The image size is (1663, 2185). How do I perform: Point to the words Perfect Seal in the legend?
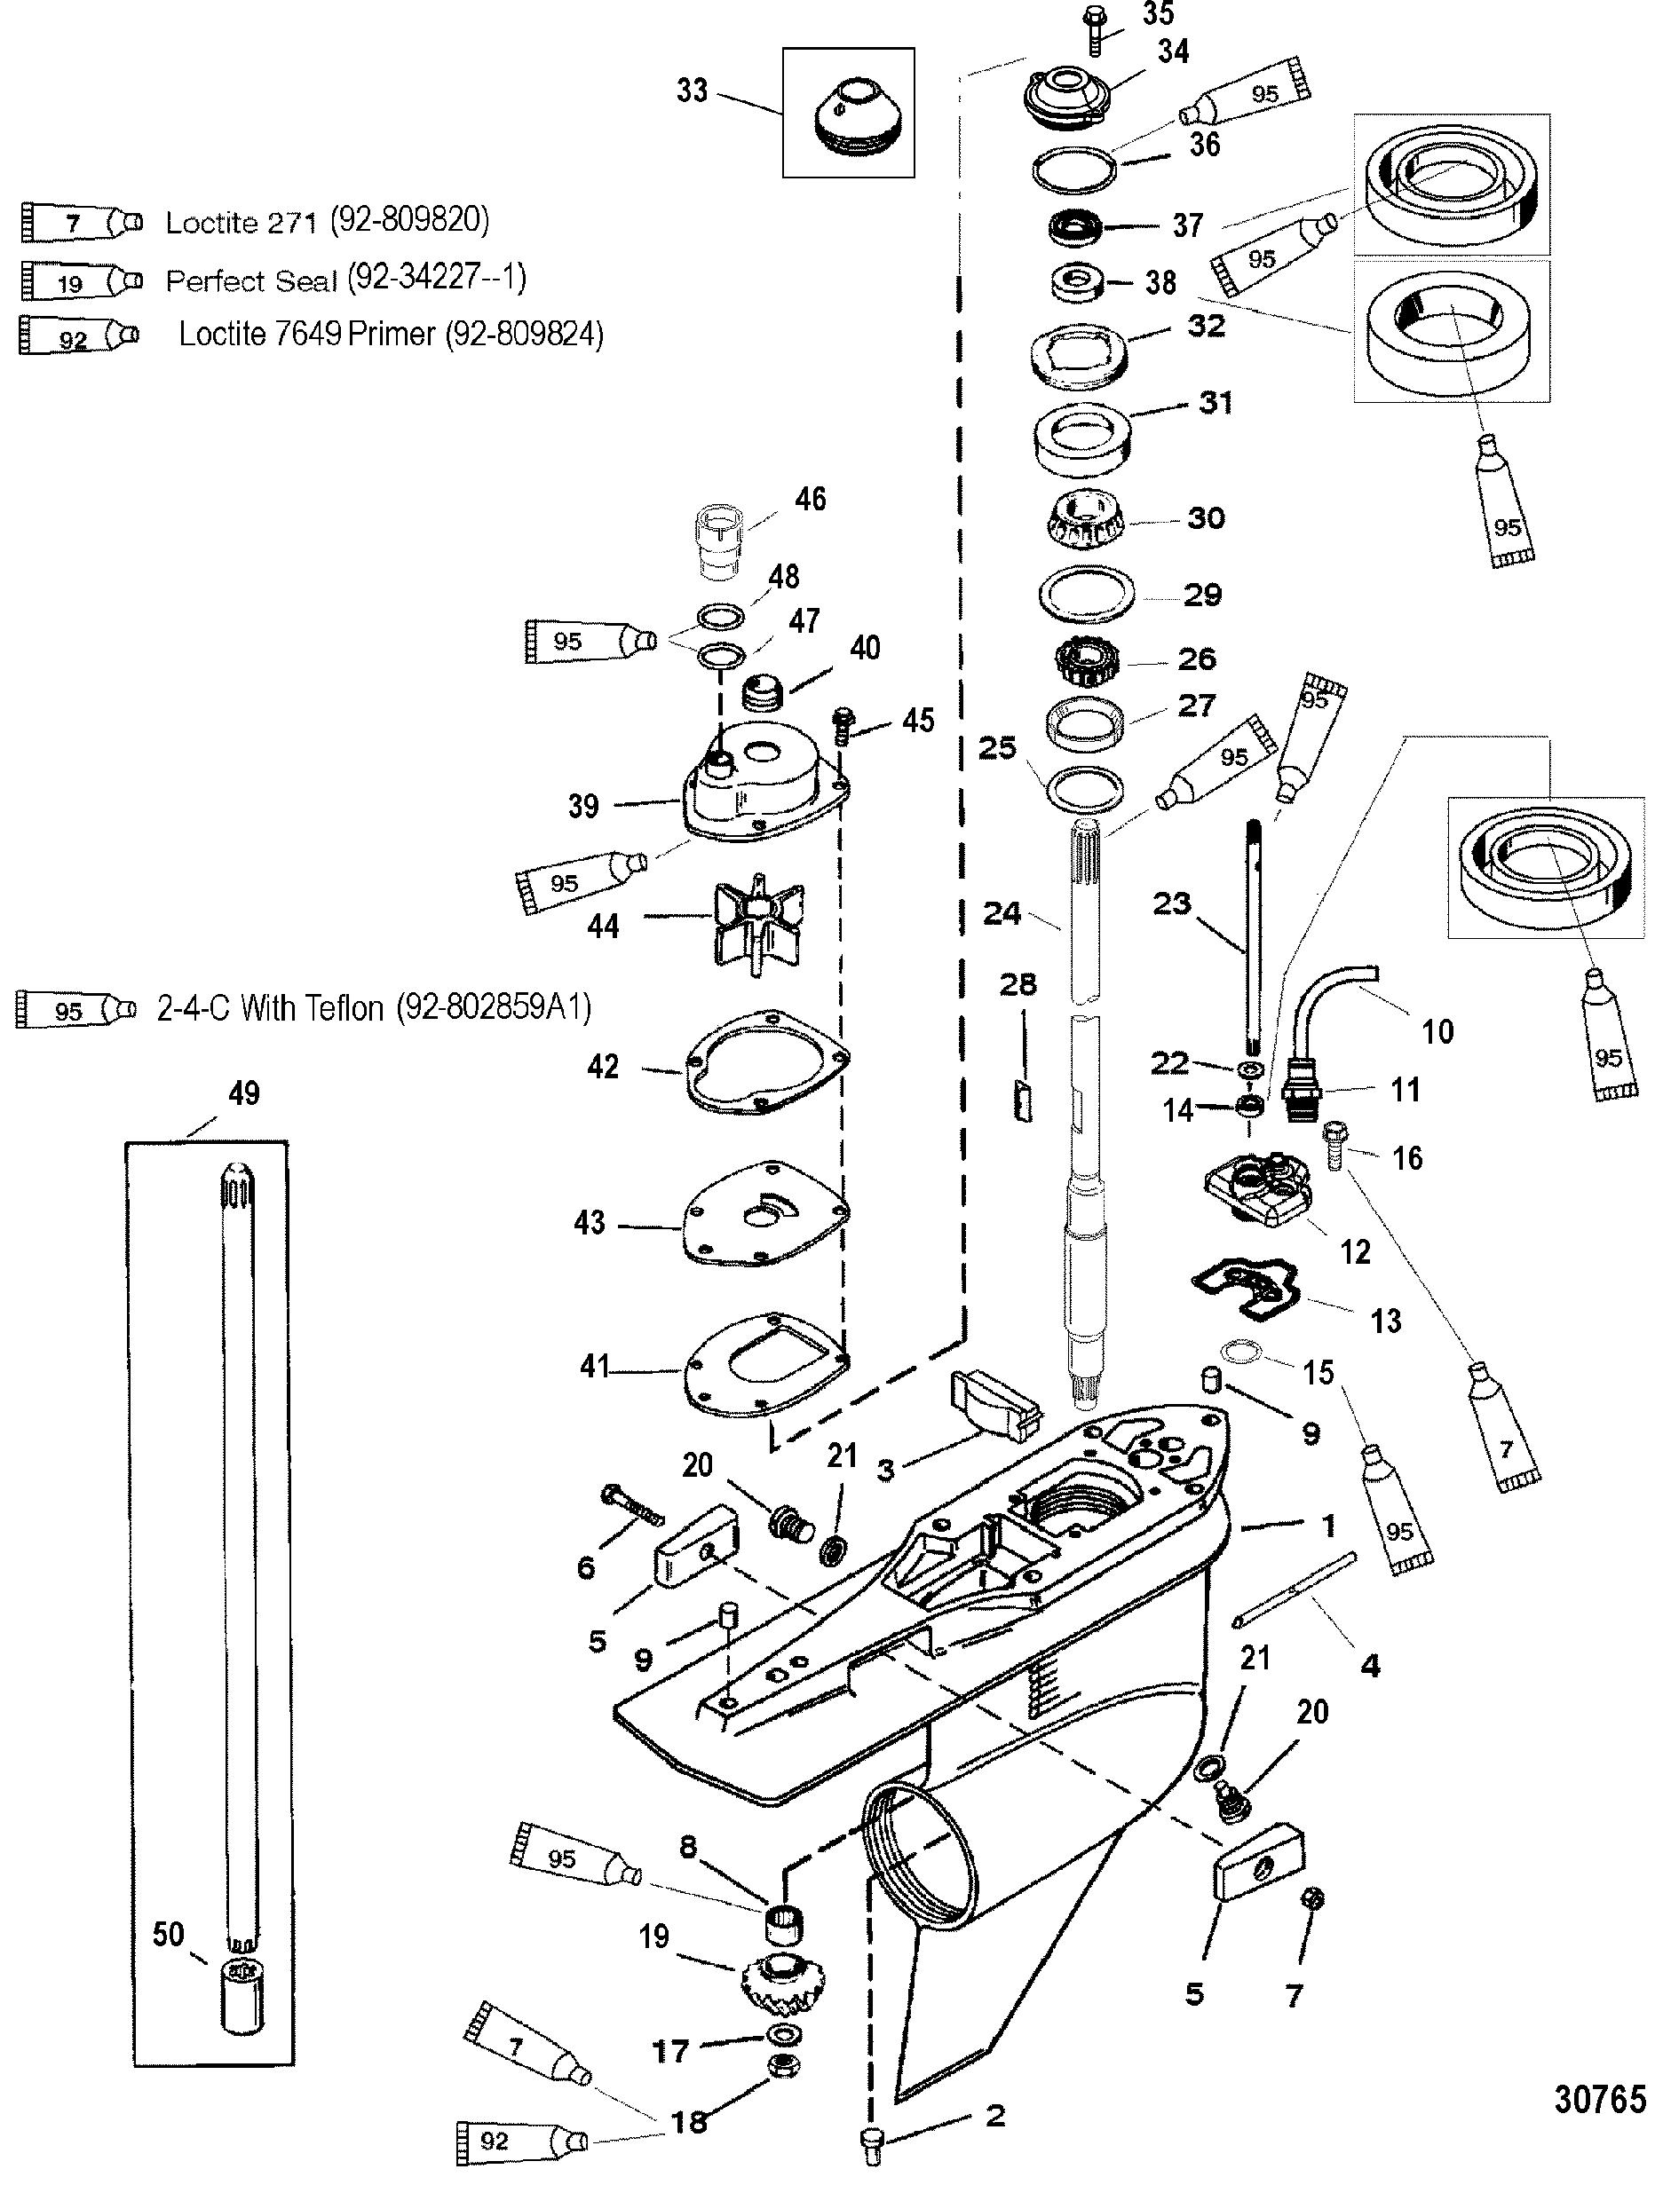251,281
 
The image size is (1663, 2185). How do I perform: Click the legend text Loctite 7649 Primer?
307,335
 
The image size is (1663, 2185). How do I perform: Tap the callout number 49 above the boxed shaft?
243,1092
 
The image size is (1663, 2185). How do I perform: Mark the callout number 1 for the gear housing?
1328,1526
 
